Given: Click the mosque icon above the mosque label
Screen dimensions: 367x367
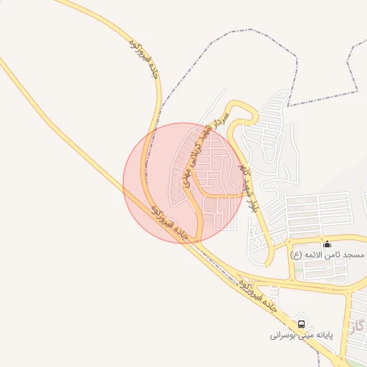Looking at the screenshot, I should click(328, 244).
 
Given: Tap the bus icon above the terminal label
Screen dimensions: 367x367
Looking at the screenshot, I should click(300, 323).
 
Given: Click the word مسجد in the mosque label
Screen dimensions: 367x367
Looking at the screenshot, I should click(354, 255).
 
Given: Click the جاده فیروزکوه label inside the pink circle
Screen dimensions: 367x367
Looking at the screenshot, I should click(170, 224).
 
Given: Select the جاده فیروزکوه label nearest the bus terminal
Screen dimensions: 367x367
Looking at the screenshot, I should click(257, 295).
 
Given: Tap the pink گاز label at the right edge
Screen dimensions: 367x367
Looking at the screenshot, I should click(358, 327).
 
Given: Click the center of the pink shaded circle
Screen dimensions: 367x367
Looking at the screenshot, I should click(182, 182).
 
